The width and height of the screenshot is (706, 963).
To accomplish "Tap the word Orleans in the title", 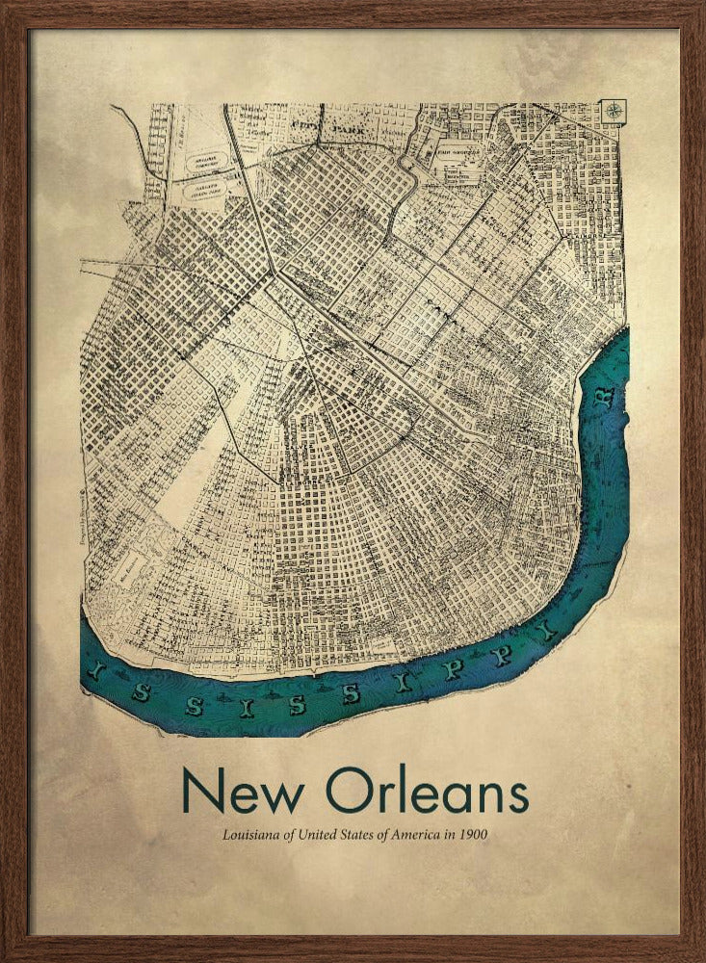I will click(427, 792).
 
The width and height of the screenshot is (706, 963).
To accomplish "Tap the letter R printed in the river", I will click(604, 399).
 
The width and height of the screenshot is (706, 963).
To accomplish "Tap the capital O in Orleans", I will click(348, 792).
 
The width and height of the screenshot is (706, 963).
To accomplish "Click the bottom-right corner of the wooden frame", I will click(697, 954).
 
